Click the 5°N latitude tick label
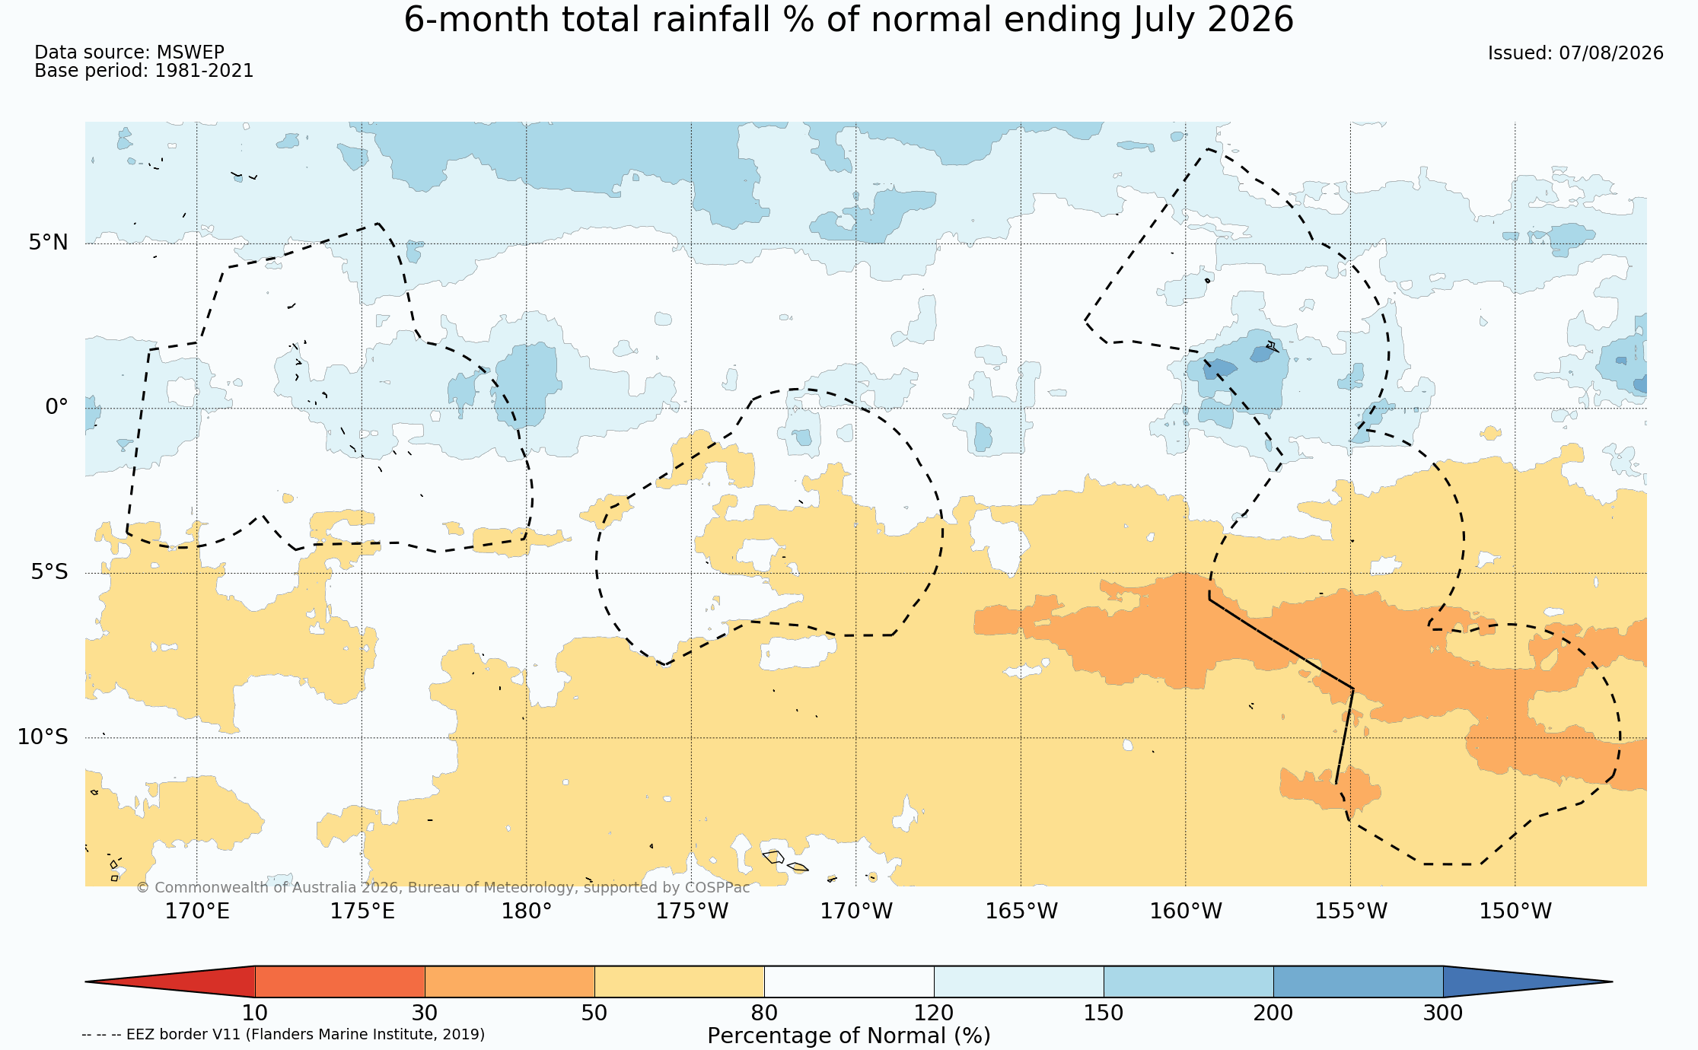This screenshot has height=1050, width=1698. (49, 243)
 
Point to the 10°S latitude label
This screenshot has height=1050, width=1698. (43, 737)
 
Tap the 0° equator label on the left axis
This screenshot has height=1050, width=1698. (56, 407)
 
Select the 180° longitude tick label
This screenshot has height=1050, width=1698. (526, 911)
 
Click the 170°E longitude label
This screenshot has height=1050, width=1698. (197, 911)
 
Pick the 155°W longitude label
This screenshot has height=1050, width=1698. (1351, 911)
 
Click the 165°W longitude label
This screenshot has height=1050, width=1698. (1021, 911)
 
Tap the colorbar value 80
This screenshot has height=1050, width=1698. (764, 1013)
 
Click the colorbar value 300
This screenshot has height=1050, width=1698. (1443, 1013)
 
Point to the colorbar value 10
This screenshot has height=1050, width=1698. (255, 1013)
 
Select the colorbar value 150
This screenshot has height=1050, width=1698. (1104, 1013)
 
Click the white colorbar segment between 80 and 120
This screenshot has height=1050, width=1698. (849, 982)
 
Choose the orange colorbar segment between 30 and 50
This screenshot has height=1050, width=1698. (510, 982)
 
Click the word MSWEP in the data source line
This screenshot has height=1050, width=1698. (190, 52)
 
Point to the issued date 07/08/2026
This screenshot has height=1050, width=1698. (1611, 53)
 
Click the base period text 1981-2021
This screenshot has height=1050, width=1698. (204, 71)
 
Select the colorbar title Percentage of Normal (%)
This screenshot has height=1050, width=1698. (849, 1036)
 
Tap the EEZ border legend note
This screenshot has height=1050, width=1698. (283, 1035)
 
